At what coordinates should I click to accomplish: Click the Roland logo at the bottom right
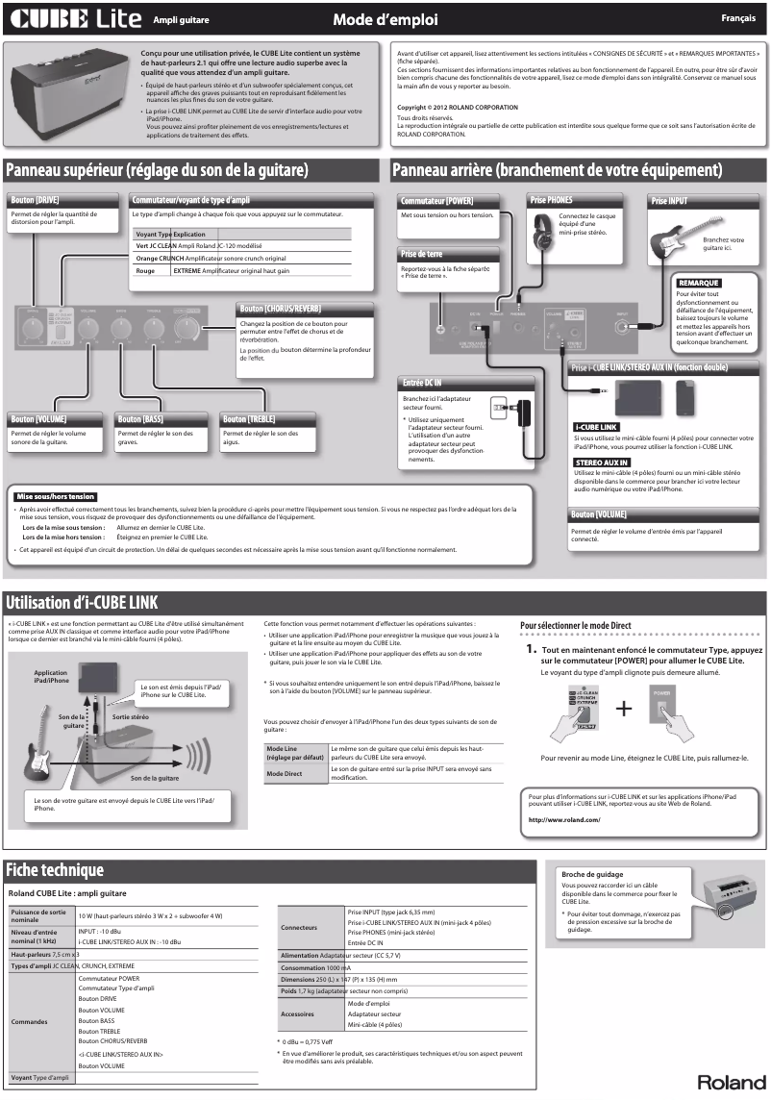tap(732, 1082)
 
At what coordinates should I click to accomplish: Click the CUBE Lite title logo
tap(75, 18)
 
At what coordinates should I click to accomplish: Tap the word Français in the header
tap(741, 18)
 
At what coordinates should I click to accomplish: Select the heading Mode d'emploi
tap(385, 18)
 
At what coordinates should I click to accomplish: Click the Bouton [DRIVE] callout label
tap(36, 200)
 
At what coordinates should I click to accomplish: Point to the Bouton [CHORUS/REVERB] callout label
tap(280, 309)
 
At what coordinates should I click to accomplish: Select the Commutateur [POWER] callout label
tap(436, 201)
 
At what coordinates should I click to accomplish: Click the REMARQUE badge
tap(698, 283)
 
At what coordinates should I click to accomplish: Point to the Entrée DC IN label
tap(423, 384)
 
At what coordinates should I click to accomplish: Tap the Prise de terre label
tap(422, 254)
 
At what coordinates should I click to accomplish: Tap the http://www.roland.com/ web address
tap(564, 819)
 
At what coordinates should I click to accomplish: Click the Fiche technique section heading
tap(55, 870)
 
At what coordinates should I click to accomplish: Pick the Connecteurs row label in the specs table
tap(299, 928)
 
